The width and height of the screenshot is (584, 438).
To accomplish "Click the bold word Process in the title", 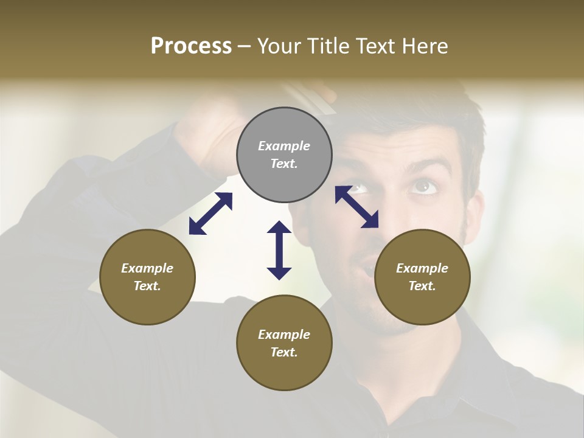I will click(191, 46).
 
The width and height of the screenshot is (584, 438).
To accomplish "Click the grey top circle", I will click(284, 155).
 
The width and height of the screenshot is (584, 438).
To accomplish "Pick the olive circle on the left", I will click(147, 277).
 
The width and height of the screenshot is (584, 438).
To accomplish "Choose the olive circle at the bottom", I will click(284, 343).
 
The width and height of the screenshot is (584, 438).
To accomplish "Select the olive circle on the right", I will click(422, 277).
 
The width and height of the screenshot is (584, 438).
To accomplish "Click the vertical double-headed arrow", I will click(279, 250).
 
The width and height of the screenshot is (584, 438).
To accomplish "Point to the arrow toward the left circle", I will click(210, 214).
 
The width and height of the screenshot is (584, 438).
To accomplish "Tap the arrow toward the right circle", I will click(357, 207).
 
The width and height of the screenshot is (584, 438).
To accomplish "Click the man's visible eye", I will click(423, 186).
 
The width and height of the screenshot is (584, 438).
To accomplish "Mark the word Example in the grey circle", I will click(284, 146).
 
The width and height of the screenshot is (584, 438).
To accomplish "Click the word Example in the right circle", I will click(422, 268).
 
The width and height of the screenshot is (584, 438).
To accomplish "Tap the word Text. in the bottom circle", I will click(284, 352).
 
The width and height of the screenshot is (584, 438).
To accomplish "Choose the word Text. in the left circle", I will click(147, 286).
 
